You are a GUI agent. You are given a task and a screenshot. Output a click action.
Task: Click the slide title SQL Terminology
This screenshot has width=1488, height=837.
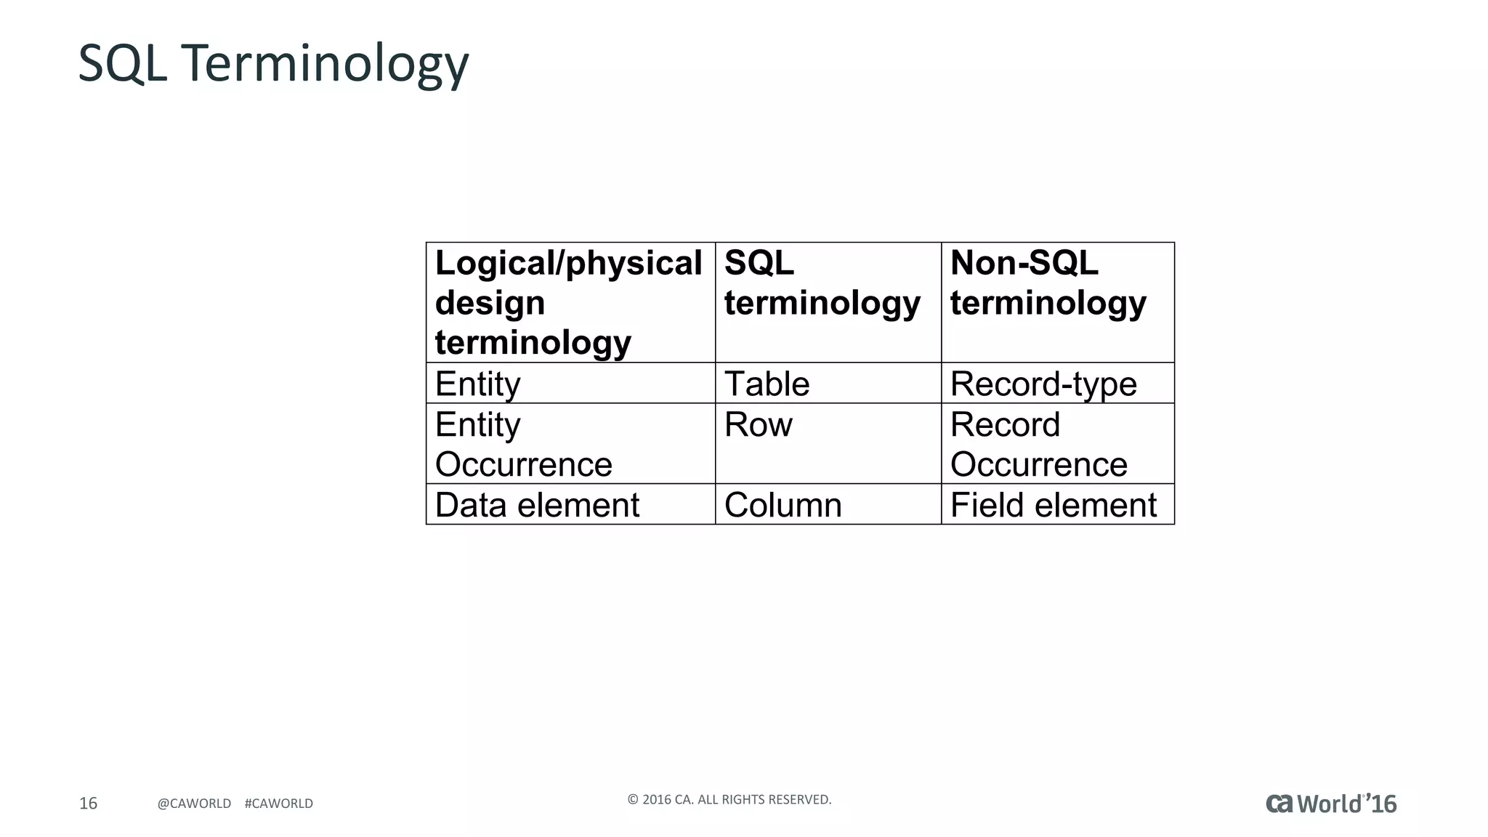click(x=273, y=64)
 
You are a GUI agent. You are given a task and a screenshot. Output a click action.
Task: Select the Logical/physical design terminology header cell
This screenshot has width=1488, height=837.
click(x=570, y=302)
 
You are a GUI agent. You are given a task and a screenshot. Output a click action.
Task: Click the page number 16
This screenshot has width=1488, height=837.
click(x=88, y=803)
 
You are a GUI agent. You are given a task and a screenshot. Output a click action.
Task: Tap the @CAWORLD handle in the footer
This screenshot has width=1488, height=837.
click(x=194, y=804)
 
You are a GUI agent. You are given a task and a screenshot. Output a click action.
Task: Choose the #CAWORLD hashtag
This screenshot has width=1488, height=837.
click(x=279, y=804)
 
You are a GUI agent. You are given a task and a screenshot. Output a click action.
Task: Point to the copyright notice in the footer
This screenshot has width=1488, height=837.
click(x=729, y=800)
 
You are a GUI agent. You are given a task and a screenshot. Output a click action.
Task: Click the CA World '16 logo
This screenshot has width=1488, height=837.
click(x=1331, y=804)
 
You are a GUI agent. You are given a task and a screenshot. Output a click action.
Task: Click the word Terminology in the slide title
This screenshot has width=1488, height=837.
click(x=325, y=64)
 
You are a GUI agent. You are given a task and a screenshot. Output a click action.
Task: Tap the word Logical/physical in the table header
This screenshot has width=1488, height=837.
click(x=569, y=263)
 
